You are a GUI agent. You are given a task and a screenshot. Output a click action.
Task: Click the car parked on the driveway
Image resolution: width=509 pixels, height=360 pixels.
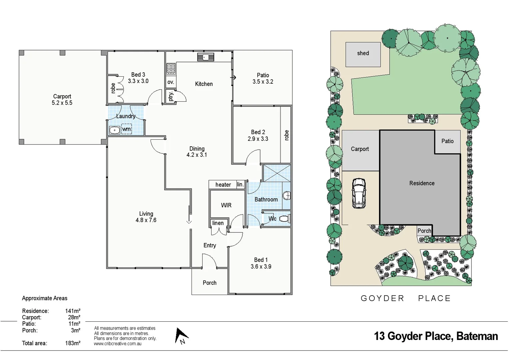[x=359, y=193]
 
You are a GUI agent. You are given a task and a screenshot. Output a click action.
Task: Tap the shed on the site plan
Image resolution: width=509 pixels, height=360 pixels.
[x=363, y=54]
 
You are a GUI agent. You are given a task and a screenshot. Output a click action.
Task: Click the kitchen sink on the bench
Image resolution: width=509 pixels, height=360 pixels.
[x=206, y=57]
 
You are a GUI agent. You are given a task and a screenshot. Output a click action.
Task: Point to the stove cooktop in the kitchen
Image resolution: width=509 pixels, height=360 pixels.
[x=171, y=69]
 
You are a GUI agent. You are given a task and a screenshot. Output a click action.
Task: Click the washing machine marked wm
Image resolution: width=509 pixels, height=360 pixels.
[x=126, y=129]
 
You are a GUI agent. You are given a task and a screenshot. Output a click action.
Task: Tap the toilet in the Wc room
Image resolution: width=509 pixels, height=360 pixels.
[x=284, y=219]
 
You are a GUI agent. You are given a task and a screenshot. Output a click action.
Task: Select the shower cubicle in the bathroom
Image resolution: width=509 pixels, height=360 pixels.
[x=276, y=173]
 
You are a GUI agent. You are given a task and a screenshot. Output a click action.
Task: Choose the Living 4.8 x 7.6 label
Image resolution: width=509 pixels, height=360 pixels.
[x=146, y=217]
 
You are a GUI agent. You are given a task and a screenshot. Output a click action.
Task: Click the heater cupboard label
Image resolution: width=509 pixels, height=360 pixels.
[x=223, y=185]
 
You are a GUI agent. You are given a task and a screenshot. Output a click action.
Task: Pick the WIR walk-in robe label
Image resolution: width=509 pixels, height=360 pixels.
[x=226, y=205]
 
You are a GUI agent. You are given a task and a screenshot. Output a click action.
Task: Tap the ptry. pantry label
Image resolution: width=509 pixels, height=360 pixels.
[x=171, y=96]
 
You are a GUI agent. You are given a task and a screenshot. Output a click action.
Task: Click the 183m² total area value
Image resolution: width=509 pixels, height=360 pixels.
[x=73, y=343]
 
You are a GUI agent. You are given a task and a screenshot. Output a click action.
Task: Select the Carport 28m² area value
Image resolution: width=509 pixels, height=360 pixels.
[x=74, y=317]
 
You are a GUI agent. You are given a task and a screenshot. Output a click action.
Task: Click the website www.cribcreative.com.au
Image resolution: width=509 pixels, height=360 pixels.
[x=118, y=344]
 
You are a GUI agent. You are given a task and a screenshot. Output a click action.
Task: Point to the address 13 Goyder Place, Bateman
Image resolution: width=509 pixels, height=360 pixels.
[x=436, y=336]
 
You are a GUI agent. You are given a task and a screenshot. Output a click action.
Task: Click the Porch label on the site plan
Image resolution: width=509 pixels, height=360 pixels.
[x=424, y=231]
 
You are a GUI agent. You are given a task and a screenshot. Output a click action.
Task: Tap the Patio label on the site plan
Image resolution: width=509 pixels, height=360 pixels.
[x=447, y=141]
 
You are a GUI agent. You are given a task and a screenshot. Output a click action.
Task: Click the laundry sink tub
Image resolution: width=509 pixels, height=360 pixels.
[x=114, y=130]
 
